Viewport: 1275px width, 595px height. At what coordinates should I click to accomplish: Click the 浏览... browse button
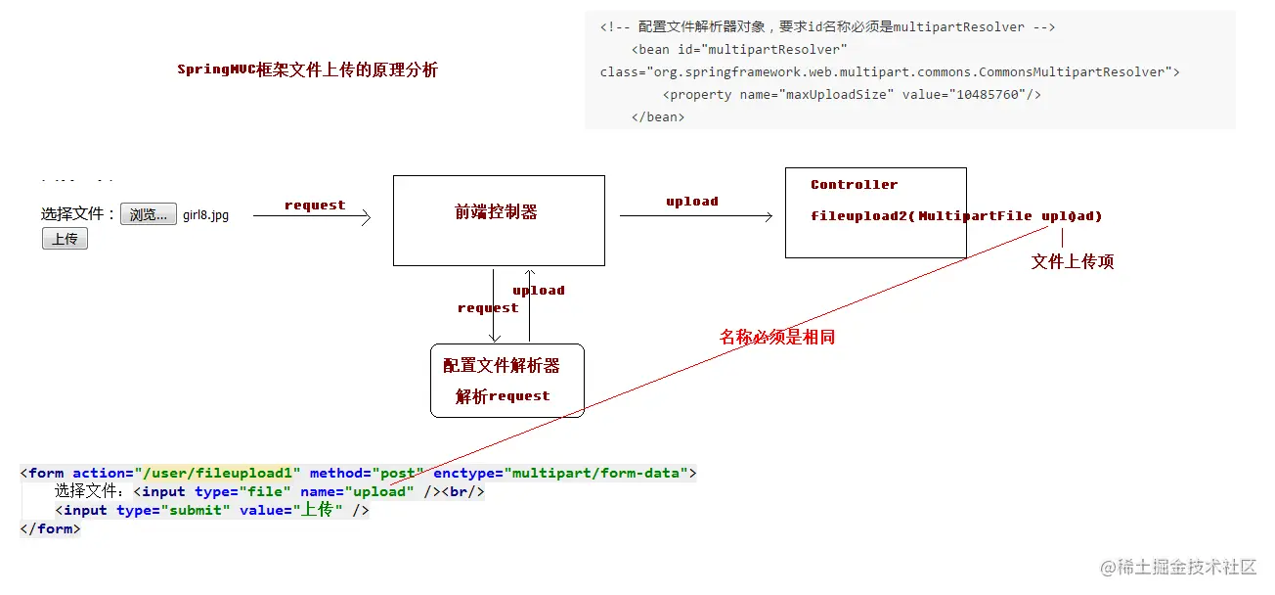tap(149, 215)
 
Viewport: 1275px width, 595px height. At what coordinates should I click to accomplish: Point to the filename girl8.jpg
tap(205, 215)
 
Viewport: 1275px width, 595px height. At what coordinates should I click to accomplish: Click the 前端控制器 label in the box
tap(496, 212)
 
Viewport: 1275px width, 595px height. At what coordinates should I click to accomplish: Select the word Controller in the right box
tap(854, 185)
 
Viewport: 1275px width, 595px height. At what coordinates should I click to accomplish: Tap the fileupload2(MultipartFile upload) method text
tap(955, 216)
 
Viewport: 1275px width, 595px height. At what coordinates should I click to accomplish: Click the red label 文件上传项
tap(1072, 262)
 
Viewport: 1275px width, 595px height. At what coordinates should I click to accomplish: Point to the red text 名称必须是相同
tap(777, 338)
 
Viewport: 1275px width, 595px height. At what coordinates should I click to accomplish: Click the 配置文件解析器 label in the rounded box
tap(501, 366)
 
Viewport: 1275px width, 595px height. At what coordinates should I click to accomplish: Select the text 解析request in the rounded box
tap(503, 396)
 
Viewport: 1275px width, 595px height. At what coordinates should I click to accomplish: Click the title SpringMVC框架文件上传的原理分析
tap(307, 70)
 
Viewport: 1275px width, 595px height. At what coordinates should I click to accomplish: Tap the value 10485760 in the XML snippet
tap(985, 95)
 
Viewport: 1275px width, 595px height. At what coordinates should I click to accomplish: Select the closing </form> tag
tap(50, 529)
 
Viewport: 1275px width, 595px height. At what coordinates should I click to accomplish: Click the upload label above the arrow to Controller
tap(691, 202)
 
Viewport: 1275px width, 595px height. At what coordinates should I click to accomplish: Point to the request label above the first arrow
tap(315, 206)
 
